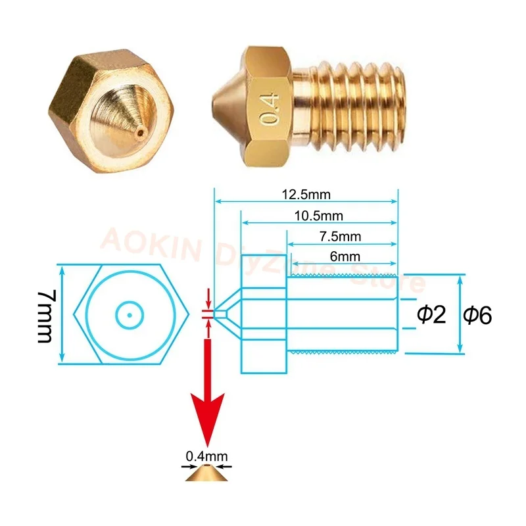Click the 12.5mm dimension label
pyautogui.click(x=306, y=195)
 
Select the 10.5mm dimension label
pyautogui.click(x=319, y=216)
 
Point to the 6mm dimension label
pyautogui.click(x=341, y=256)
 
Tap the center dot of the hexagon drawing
pyautogui.click(x=130, y=315)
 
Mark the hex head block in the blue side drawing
pyautogui.click(x=264, y=314)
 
